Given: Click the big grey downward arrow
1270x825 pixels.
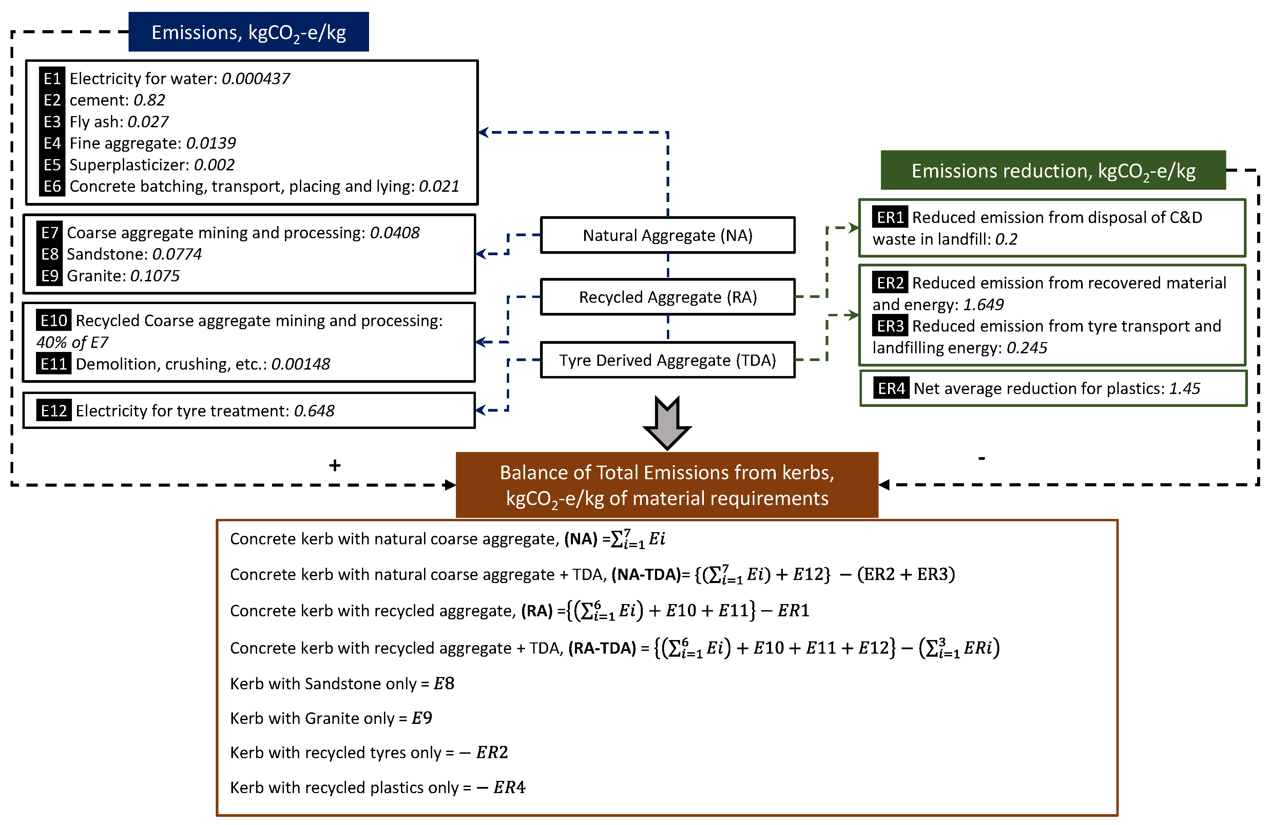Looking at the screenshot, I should (667, 423).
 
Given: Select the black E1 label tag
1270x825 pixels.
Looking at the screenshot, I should (52, 78).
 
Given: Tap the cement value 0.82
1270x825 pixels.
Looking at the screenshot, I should (149, 100).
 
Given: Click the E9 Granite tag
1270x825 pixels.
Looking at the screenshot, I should (50, 276).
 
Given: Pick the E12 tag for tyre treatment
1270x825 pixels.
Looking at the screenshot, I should (54, 411).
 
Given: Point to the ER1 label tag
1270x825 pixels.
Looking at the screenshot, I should (889, 217).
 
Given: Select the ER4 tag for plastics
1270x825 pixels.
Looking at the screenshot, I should (891, 388).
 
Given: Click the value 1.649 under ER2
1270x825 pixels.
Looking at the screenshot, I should (983, 304).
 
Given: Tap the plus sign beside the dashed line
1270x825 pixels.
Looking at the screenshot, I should (334, 466).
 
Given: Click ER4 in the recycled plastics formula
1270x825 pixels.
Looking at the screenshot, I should (509, 787).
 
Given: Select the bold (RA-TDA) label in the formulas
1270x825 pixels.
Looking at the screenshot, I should (602, 648).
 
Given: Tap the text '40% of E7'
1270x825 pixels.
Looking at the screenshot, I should (72, 342).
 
